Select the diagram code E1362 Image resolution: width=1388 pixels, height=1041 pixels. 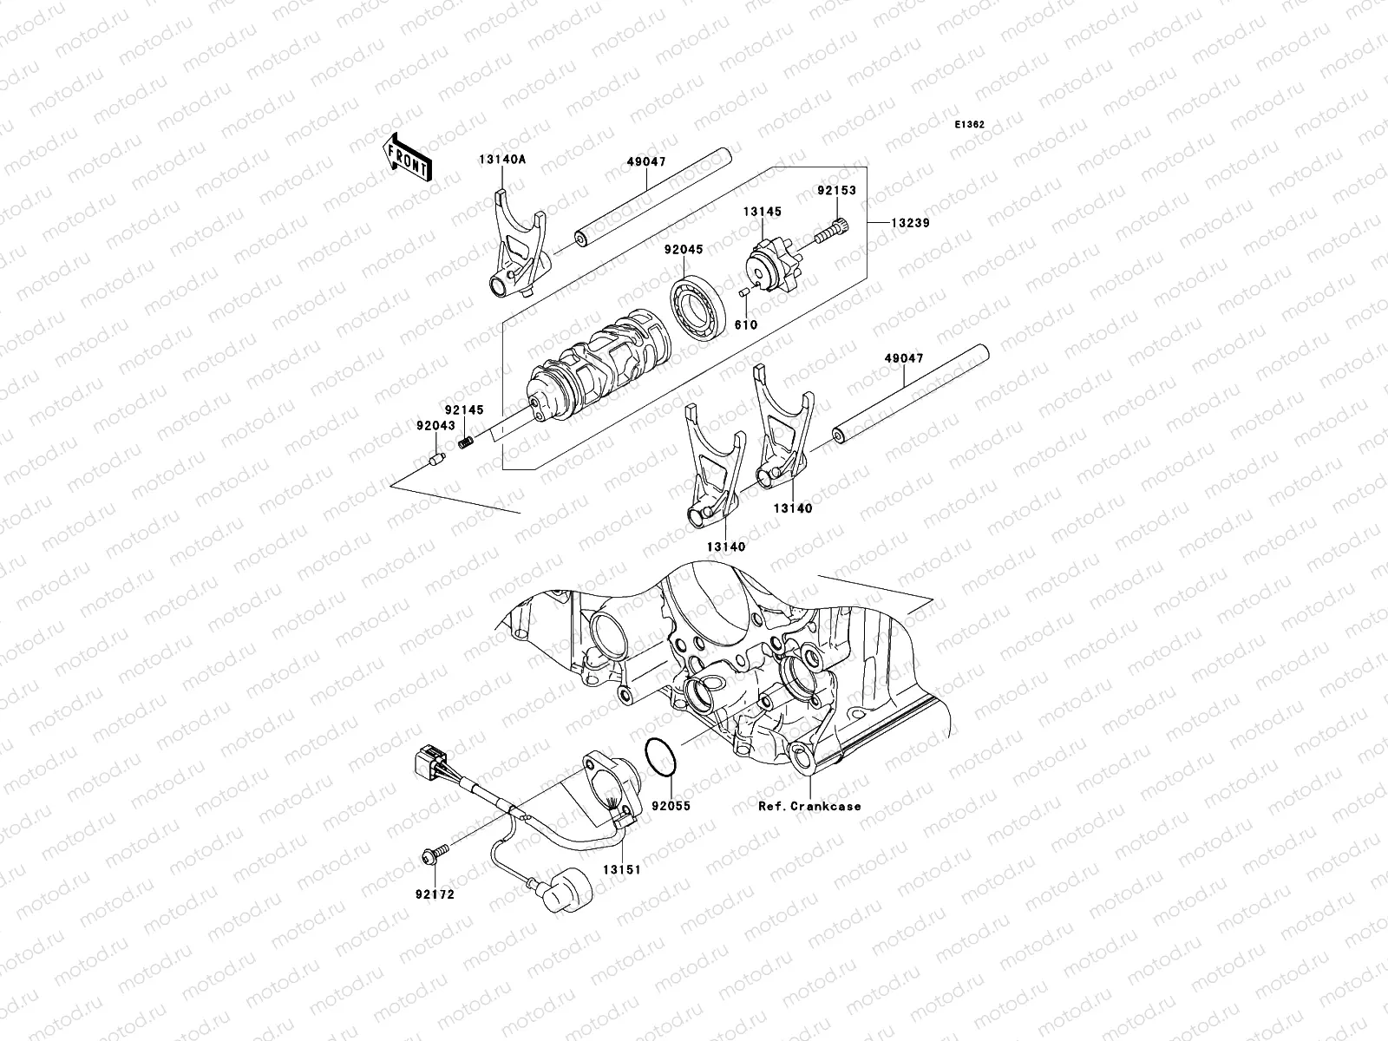[970, 125]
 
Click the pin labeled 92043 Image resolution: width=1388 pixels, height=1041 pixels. [434, 459]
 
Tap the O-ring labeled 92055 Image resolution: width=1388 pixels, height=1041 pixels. [664, 758]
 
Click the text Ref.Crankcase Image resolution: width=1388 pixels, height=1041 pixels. [809, 806]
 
